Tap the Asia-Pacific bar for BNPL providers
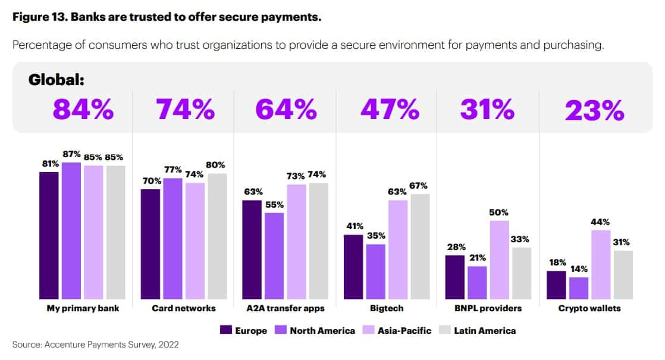click(500, 259)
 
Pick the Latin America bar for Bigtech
click(419, 246)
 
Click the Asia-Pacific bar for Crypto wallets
click(601, 264)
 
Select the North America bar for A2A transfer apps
click(274, 255)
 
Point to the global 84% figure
click(83, 109)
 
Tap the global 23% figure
click(594, 110)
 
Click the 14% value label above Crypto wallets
click(579, 268)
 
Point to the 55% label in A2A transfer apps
click(274, 204)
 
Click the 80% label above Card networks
click(216, 165)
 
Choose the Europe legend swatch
click(226, 330)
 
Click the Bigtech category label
click(387, 308)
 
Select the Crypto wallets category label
click(589, 308)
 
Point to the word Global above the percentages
click(57, 80)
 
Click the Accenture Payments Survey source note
click(95, 344)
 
